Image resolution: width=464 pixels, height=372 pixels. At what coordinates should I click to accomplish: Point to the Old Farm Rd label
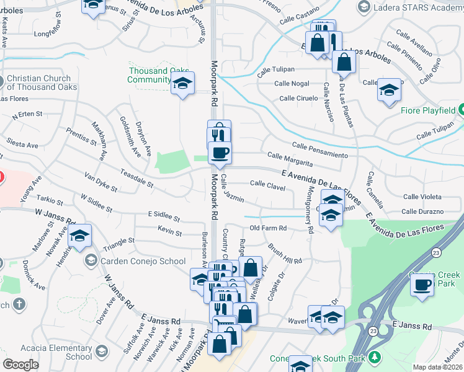point(268,229)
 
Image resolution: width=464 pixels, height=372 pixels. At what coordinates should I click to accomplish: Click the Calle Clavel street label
point(267,184)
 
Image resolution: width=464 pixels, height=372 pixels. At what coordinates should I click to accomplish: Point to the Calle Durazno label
point(422,211)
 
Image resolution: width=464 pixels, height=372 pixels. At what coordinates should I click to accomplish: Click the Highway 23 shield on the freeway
point(436,252)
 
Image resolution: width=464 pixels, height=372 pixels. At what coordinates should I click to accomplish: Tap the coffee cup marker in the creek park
point(422,285)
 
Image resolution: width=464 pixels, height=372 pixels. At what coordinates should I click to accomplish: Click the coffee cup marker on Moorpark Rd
point(219,153)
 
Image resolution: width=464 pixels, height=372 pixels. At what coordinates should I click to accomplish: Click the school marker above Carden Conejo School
point(79,236)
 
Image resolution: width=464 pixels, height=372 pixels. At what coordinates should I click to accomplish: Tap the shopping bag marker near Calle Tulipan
point(344,62)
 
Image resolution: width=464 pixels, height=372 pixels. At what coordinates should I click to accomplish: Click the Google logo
point(20,365)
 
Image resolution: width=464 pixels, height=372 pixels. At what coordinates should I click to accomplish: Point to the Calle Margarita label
point(289,159)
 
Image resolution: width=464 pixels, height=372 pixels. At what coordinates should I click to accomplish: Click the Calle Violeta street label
point(422,197)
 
